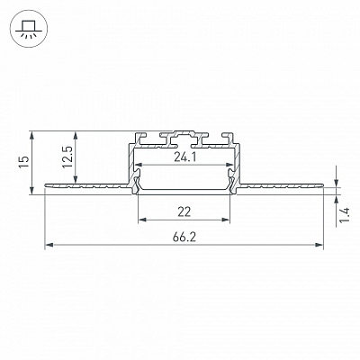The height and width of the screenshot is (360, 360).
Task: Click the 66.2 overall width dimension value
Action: (x=184, y=238)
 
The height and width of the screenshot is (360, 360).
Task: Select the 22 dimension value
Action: (x=184, y=212)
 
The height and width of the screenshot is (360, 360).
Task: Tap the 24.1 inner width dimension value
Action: (x=184, y=157)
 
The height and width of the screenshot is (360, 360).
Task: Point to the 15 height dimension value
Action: (x=24, y=162)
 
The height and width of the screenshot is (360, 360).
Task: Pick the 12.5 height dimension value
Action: (x=68, y=157)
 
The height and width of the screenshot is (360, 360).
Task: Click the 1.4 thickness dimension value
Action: (x=345, y=215)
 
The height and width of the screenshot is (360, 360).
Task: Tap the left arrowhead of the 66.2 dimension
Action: (x=49, y=245)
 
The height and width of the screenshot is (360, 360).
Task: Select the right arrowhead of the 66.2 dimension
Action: (x=319, y=245)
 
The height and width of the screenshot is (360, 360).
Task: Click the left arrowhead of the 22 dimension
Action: (x=142, y=220)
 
